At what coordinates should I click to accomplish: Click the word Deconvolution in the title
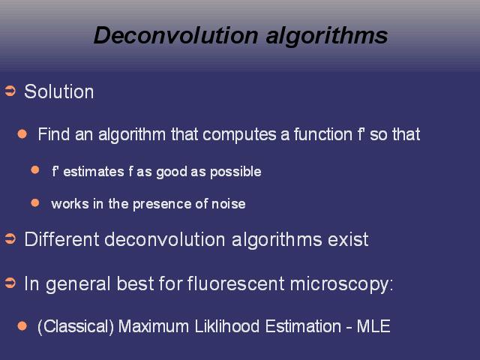[x=176, y=35]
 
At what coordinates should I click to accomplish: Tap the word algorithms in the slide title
[x=327, y=37]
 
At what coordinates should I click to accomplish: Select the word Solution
[x=59, y=91]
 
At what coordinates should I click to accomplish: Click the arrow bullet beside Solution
[x=10, y=91]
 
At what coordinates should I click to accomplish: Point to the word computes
[x=239, y=135]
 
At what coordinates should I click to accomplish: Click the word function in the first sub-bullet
[x=323, y=134]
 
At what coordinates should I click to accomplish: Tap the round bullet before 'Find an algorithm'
[x=22, y=133]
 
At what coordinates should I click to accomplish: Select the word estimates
[x=94, y=172]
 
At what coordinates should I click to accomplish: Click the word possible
[x=235, y=172]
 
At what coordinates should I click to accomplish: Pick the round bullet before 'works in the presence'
[x=35, y=202]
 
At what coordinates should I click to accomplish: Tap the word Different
[x=61, y=239]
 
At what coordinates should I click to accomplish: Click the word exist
[x=348, y=239]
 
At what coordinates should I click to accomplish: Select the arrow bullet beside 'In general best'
[x=10, y=283]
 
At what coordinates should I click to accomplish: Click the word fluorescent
[x=235, y=283]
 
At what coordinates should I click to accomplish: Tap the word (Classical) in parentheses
[x=76, y=327]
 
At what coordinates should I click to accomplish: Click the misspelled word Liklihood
[x=226, y=326]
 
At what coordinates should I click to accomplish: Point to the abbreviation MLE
[x=373, y=326]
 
